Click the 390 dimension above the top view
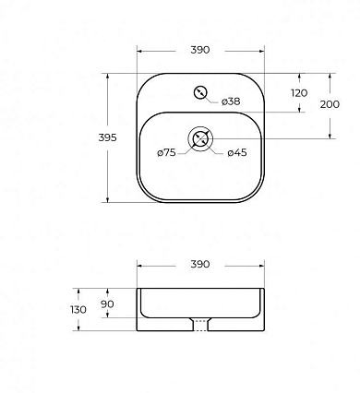coord(200,50)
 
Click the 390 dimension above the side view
coord(200,264)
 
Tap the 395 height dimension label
coord(107,137)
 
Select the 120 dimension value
coord(299,93)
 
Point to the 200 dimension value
coord(330,104)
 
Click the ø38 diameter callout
coord(231,101)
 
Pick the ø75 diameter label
coord(166,152)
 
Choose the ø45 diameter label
coord(237,152)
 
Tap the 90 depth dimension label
coord(107,304)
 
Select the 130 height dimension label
coord(78,310)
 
